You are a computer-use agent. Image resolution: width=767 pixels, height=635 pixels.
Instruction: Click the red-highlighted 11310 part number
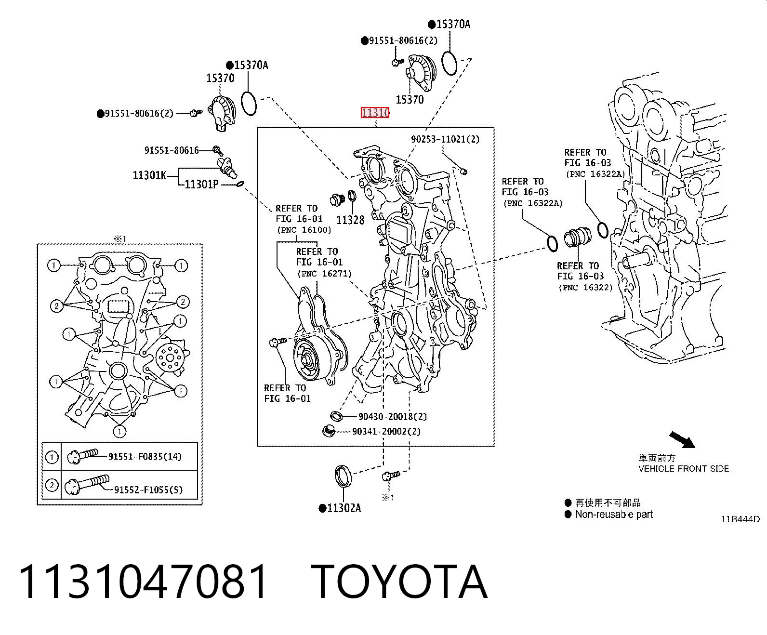[x=375, y=112]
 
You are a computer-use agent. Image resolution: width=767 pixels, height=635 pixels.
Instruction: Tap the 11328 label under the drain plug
[x=350, y=220]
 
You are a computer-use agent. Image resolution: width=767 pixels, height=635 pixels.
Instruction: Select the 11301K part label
[x=149, y=175]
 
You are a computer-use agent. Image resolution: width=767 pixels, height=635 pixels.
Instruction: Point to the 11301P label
[x=201, y=184]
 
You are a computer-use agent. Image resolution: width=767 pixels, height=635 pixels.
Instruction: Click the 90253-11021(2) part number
[x=445, y=139]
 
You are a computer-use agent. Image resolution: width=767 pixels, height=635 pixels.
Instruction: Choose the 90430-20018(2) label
[x=393, y=416]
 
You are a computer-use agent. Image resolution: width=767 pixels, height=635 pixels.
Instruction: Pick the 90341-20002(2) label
[x=386, y=431]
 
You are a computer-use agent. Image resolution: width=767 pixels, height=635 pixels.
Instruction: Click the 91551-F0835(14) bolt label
[x=145, y=456]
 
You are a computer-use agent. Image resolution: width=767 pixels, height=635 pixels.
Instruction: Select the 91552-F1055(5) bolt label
[x=148, y=489]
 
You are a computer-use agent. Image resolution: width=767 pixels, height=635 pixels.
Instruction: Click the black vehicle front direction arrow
[x=682, y=439]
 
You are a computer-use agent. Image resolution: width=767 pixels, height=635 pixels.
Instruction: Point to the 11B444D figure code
[x=740, y=519]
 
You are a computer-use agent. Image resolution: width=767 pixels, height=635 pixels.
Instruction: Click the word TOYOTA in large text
[x=399, y=582]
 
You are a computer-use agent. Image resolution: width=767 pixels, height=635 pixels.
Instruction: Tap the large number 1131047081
[x=143, y=582]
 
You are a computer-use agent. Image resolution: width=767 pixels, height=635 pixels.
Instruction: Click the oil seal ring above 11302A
[x=343, y=476]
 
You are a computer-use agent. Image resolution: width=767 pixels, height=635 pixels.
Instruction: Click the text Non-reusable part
[x=614, y=514]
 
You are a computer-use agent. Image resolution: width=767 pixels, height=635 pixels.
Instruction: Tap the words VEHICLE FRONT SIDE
[x=684, y=468]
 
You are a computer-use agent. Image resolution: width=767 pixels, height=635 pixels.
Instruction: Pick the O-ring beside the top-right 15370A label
[x=449, y=63]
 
